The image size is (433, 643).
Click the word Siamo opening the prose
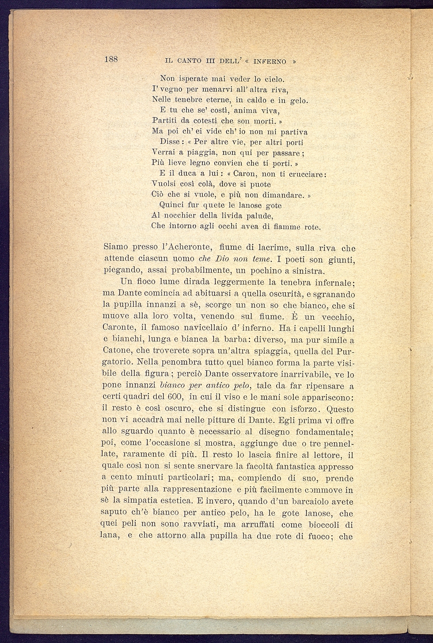pyautogui.click(x=116, y=247)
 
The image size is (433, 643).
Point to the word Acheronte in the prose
pyautogui.click(x=185, y=247)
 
